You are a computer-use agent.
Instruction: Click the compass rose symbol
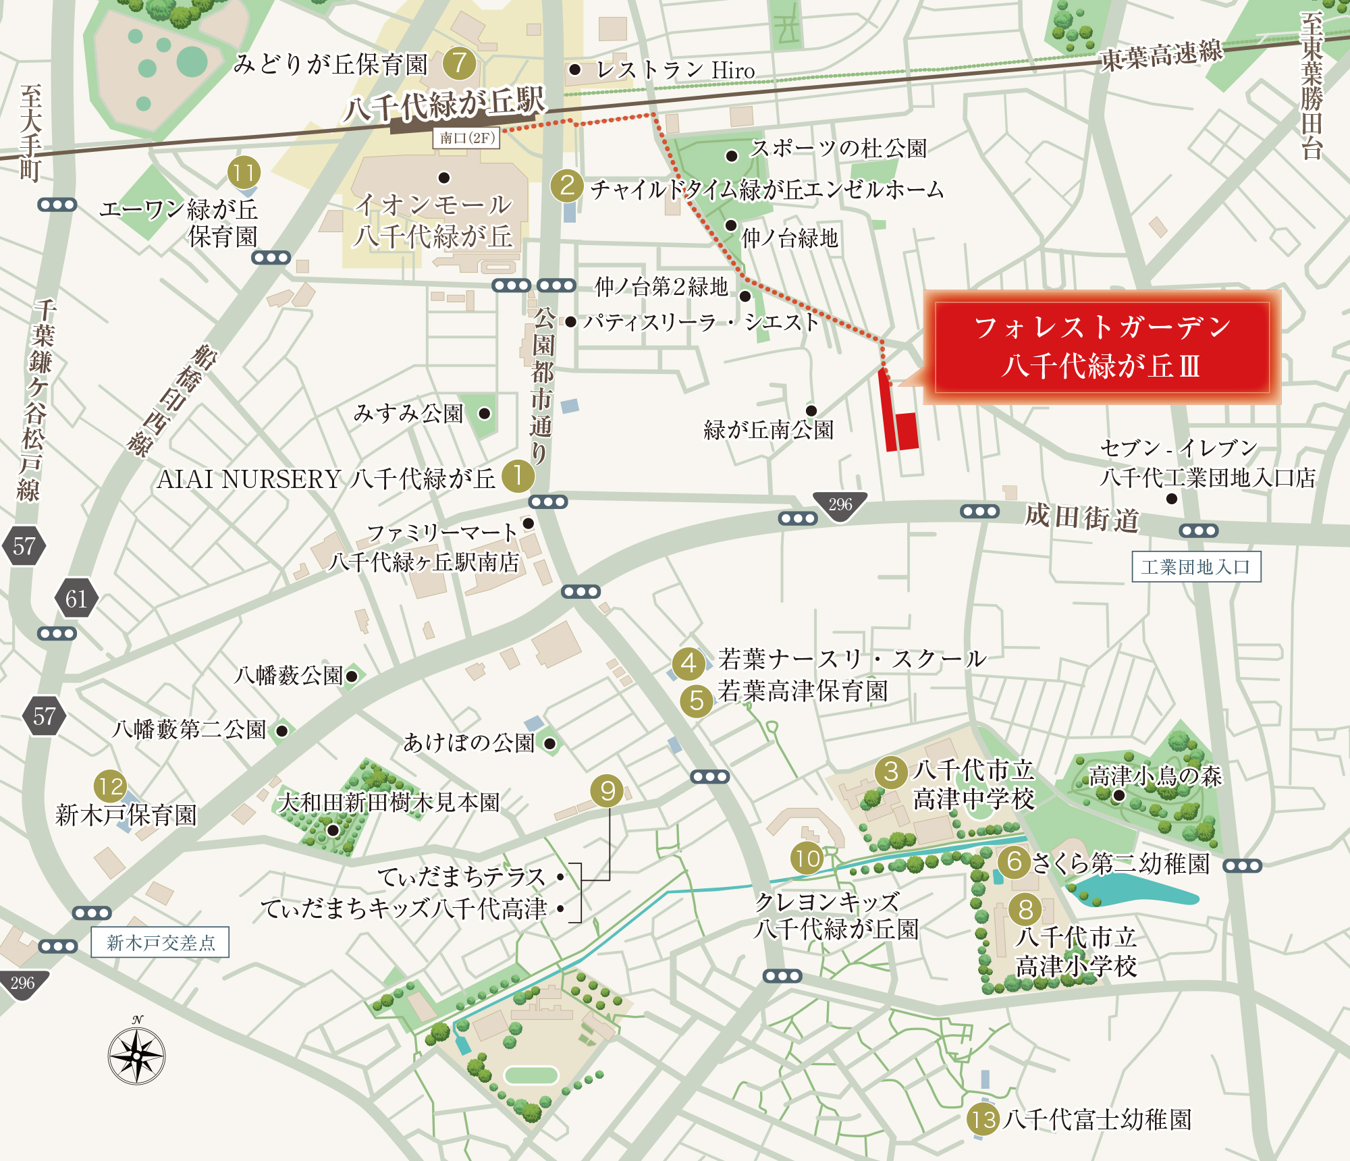tap(136, 1056)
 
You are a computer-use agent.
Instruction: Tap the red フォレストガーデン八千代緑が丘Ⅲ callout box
tap(1102, 347)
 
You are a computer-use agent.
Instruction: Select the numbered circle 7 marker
tap(460, 63)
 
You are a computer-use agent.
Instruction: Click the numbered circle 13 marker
tap(983, 1120)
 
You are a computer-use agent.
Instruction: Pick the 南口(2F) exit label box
tap(466, 138)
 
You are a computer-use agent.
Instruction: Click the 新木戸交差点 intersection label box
tap(161, 942)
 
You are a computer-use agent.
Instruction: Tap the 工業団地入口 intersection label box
tap(1196, 567)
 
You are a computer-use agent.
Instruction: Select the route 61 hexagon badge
tap(76, 599)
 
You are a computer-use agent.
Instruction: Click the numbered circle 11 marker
tap(244, 173)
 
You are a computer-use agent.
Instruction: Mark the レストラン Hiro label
tap(675, 70)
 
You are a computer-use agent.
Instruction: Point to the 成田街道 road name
tap(1082, 518)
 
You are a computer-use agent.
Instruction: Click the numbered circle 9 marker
tap(607, 791)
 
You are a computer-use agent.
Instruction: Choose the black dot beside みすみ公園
tap(485, 413)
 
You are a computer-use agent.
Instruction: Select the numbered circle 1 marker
tap(518, 477)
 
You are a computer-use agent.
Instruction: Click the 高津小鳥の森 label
tap(1155, 776)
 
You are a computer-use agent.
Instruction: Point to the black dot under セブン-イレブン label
tap(1172, 499)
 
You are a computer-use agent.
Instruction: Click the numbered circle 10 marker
tap(807, 859)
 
